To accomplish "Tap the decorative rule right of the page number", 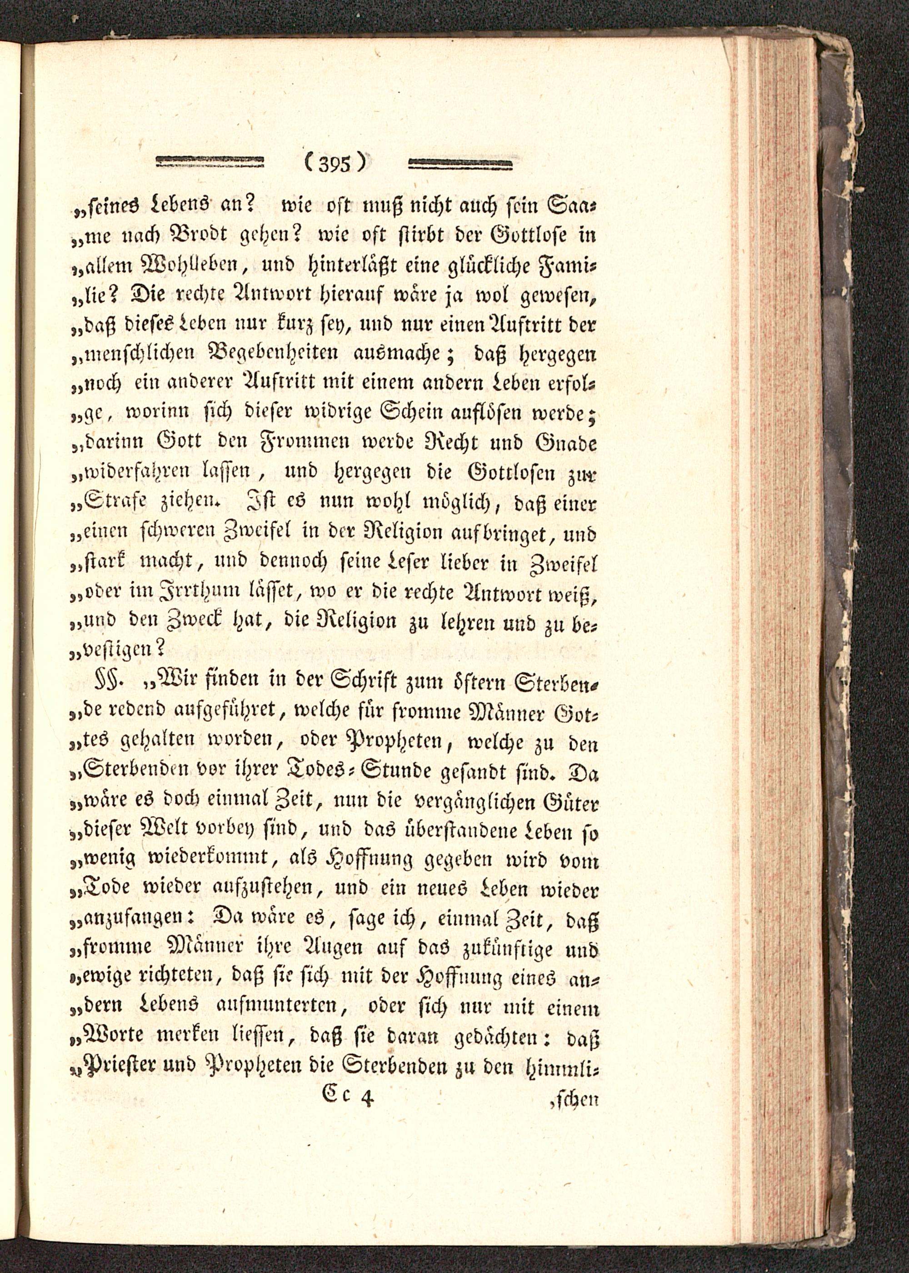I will click(x=461, y=164).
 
